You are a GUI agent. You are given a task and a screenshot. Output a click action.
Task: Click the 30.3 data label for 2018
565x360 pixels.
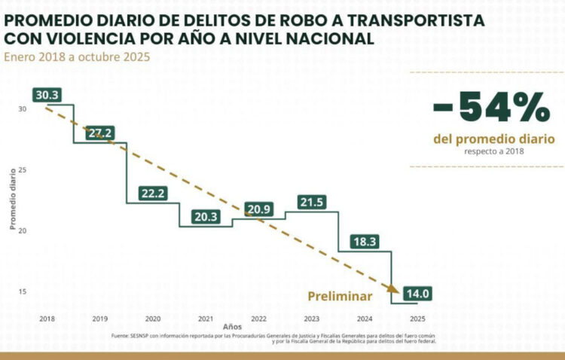pos(47,95)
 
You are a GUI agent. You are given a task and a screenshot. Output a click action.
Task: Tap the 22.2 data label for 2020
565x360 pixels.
pos(153,194)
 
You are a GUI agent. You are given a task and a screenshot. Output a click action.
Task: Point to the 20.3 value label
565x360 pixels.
pos(205,217)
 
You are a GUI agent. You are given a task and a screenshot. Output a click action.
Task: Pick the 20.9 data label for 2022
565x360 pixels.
pos(258,209)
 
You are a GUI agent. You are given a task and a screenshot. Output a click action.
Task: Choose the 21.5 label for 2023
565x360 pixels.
pos(311,202)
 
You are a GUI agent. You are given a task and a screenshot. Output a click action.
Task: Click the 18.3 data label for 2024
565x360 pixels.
pos(364,241)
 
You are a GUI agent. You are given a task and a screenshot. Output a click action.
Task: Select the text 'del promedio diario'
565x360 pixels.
pos(493,139)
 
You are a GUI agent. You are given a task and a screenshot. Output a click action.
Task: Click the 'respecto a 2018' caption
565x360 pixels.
pos(493,151)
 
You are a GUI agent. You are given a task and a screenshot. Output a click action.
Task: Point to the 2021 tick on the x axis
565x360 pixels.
pos(205,319)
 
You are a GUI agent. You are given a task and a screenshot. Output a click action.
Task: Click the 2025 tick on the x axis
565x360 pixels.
pos(417,319)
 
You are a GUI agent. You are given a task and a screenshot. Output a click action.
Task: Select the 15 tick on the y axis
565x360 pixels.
pos(23,291)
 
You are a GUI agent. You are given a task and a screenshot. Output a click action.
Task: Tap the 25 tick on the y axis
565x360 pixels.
pos(23,169)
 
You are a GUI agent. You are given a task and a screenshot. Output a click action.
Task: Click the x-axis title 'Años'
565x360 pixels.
pos(232,328)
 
